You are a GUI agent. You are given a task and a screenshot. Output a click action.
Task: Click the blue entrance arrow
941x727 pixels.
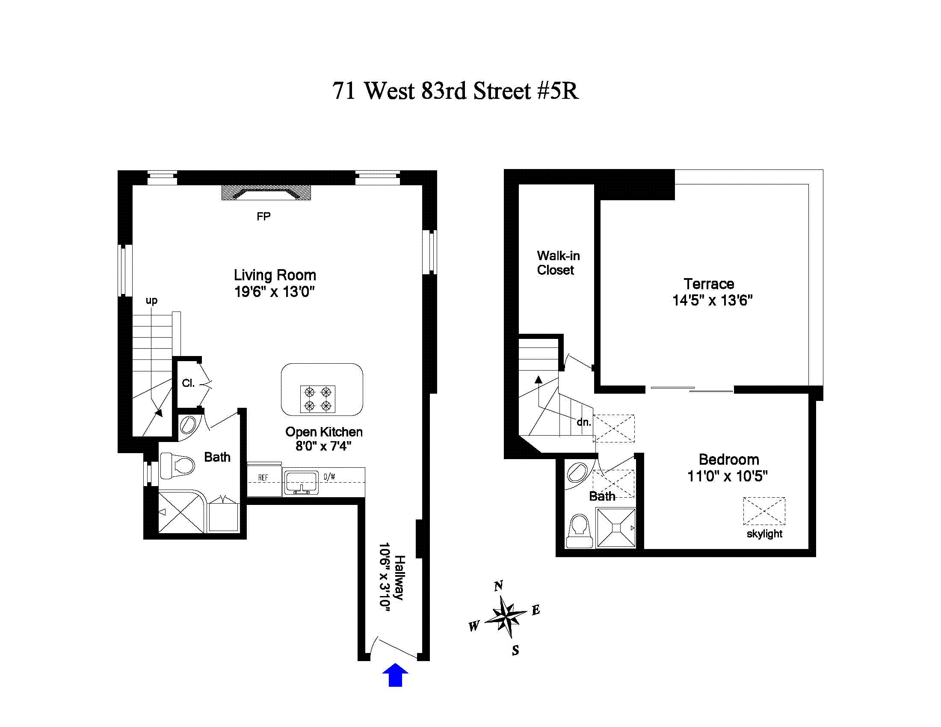[395, 675]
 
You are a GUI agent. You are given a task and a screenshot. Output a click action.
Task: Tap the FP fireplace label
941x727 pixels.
[263, 217]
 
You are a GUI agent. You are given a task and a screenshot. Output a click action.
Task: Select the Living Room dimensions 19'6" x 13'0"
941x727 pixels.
[275, 292]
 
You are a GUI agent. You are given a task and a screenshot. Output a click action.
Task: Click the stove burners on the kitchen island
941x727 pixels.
[317, 399]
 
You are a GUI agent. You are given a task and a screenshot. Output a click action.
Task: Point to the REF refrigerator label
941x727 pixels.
[263, 478]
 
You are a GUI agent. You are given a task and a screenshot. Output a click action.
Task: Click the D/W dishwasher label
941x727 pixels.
[330, 476]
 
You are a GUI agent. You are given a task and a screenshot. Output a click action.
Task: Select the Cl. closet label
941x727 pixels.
[188, 383]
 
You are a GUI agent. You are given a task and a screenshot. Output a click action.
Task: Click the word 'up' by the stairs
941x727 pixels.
[151, 300]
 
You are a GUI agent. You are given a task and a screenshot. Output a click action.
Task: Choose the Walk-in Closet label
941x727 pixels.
[558, 263]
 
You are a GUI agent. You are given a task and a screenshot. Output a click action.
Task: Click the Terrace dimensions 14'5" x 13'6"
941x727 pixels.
[712, 300]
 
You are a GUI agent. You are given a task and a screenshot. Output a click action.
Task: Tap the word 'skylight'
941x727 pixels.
[764, 534]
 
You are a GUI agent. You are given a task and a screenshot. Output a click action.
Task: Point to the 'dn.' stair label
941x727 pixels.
[584, 422]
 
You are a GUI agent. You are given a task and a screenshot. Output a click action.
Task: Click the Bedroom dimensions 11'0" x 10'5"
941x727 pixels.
[727, 476]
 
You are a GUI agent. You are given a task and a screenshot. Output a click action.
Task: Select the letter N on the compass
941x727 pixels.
[498, 586]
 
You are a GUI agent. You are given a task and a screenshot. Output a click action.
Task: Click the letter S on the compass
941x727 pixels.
[515, 650]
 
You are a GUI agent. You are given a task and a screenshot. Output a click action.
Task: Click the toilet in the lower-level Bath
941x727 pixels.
[178, 466]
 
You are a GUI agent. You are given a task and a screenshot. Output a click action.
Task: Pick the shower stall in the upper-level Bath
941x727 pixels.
[616, 528]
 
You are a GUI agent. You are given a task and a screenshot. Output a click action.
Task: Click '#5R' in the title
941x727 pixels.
[558, 91]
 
